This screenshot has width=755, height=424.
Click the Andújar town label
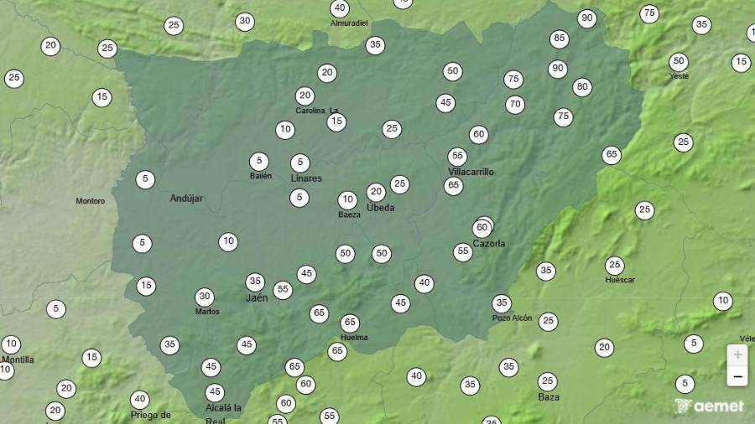click(186, 199)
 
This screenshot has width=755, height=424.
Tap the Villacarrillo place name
click(471, 172)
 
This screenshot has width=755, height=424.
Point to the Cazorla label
click(489, 244)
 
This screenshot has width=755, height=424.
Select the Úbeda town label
click(380, 208)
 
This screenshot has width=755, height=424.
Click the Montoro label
click(91, 201)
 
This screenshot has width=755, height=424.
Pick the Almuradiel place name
click(349, 23)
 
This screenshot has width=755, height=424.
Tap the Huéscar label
click(620, 280)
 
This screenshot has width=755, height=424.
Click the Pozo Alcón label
click(512, 318)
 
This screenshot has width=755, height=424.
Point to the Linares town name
click(306, 178)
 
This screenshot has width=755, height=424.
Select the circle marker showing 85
click(560, 39)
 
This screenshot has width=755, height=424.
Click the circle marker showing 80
click(582, 87)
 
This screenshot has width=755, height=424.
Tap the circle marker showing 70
click(515, 105)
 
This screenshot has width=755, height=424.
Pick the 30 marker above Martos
click(205, 297)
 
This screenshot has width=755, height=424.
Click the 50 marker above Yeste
click(679, 61)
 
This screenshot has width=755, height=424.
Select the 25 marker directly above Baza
click(548, 381)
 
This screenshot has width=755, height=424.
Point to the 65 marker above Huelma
click(350, 323)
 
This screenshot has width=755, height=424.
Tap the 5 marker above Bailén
click(259, 162)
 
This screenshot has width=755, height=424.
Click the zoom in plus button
click(737, 354)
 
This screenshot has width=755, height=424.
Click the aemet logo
click(709, 406)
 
